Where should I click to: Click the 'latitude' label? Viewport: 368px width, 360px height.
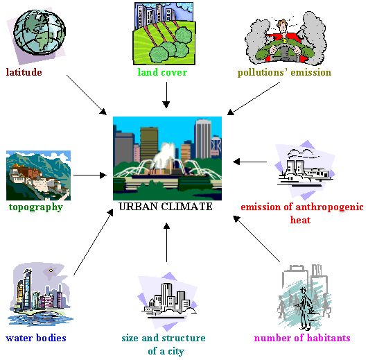pyautogui.click(x=24, y=72)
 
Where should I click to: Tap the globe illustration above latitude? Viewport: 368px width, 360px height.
pyautogui.click(x=40, y=32)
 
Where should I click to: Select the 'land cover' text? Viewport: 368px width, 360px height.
pyautogui.click(x=162, y=72)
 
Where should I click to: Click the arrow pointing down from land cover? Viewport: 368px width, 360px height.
pyautogui.click(x=166, y=95)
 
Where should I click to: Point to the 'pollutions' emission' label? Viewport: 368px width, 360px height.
pyautogui.click(x=284, y=72)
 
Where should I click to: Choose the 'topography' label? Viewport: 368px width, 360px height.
pyautogui.click(x=36, y=207)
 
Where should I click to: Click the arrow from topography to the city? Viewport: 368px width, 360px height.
pyautogui.click(x=90, y=175)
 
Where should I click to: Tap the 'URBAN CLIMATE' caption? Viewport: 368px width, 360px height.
pyautogui.click(x=166, y=207)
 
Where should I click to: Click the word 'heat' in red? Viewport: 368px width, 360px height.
pyautogui.click(x=300, y=220)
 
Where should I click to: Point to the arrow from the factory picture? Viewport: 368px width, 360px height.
pyautogui.click(x=249, y=162)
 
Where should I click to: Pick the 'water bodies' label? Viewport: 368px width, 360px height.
pyautogui.click(x=36, y=338)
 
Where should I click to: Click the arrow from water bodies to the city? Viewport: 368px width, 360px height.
pyautogui.click(x=94, y=242)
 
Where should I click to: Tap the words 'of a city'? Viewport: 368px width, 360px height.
pyautogui.click(x=166, y=351)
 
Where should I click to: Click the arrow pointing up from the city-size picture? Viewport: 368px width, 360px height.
pyautogui.click(x=166, y=242)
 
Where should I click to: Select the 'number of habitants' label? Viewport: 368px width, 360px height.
pyautogui.click(x=302, y=338)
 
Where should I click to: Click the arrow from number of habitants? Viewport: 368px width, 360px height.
pyautogui.click(x=256, y=239)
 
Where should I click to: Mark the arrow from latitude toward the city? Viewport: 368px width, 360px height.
pyautogui.click(x=87, y=95)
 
